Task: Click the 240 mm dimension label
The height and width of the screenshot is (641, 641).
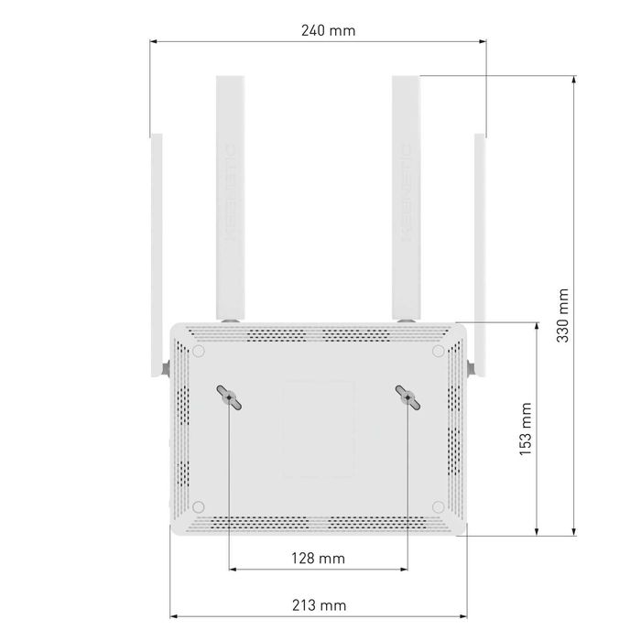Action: click(327, 30)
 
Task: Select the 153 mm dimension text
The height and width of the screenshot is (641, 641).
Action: click(525, 429)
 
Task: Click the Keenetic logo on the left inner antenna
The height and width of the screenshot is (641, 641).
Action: click(229, 192)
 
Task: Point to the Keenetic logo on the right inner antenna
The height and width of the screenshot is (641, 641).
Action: click(406, 192)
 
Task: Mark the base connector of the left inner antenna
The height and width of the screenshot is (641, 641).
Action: click(229, 320)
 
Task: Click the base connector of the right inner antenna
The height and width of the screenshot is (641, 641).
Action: click(406, 320)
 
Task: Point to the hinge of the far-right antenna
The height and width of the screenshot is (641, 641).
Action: click(472, 368)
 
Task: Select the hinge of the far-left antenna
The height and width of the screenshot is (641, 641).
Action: click(165, 368)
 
